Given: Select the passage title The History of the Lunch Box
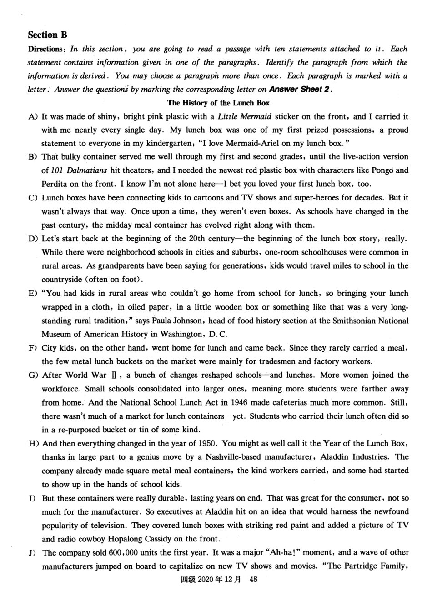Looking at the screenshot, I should [x=218, y=103].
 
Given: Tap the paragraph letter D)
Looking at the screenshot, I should [x=32, y=239].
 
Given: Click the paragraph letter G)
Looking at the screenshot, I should [x=33, y=375].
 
